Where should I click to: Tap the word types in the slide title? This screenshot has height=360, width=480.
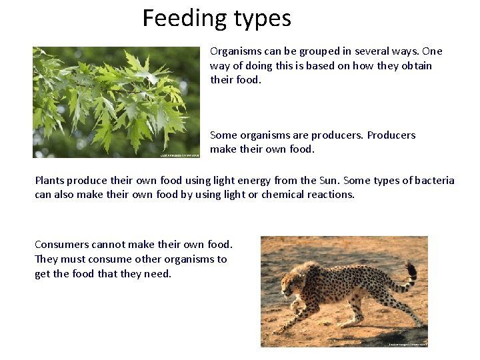[261, 19]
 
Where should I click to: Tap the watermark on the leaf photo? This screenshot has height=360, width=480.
[179, 155]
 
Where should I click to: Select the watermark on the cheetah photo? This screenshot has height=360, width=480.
[407, 344]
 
